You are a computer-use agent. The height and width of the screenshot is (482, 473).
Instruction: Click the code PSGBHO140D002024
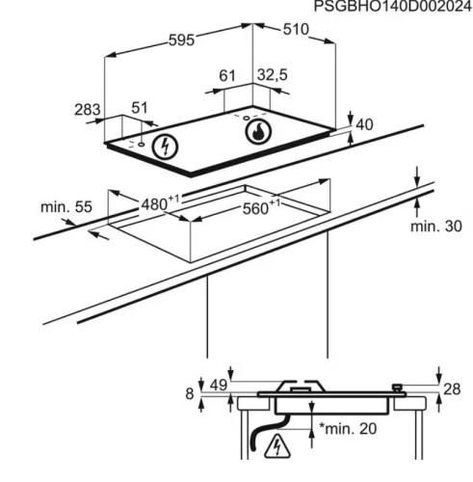tap(393, 6)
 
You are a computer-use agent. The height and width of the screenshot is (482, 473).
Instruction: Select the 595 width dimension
tap(182, 40)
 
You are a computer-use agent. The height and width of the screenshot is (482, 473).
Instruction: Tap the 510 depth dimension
tap(296, 30)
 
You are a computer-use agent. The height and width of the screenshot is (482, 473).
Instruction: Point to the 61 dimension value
tap(227, 75)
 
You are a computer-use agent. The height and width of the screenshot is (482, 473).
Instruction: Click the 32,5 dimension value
tap(273, 75)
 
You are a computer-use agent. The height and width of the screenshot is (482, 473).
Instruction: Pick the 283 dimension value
tap(88, 110)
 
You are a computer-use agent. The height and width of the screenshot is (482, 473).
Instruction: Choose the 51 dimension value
tap(140, 108)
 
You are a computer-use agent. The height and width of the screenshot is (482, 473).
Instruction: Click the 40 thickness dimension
tap(364, 124)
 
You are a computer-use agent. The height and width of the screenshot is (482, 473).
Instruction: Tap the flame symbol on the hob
tap(258, 132)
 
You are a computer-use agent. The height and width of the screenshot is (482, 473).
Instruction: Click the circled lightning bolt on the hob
tap(165, 147)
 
